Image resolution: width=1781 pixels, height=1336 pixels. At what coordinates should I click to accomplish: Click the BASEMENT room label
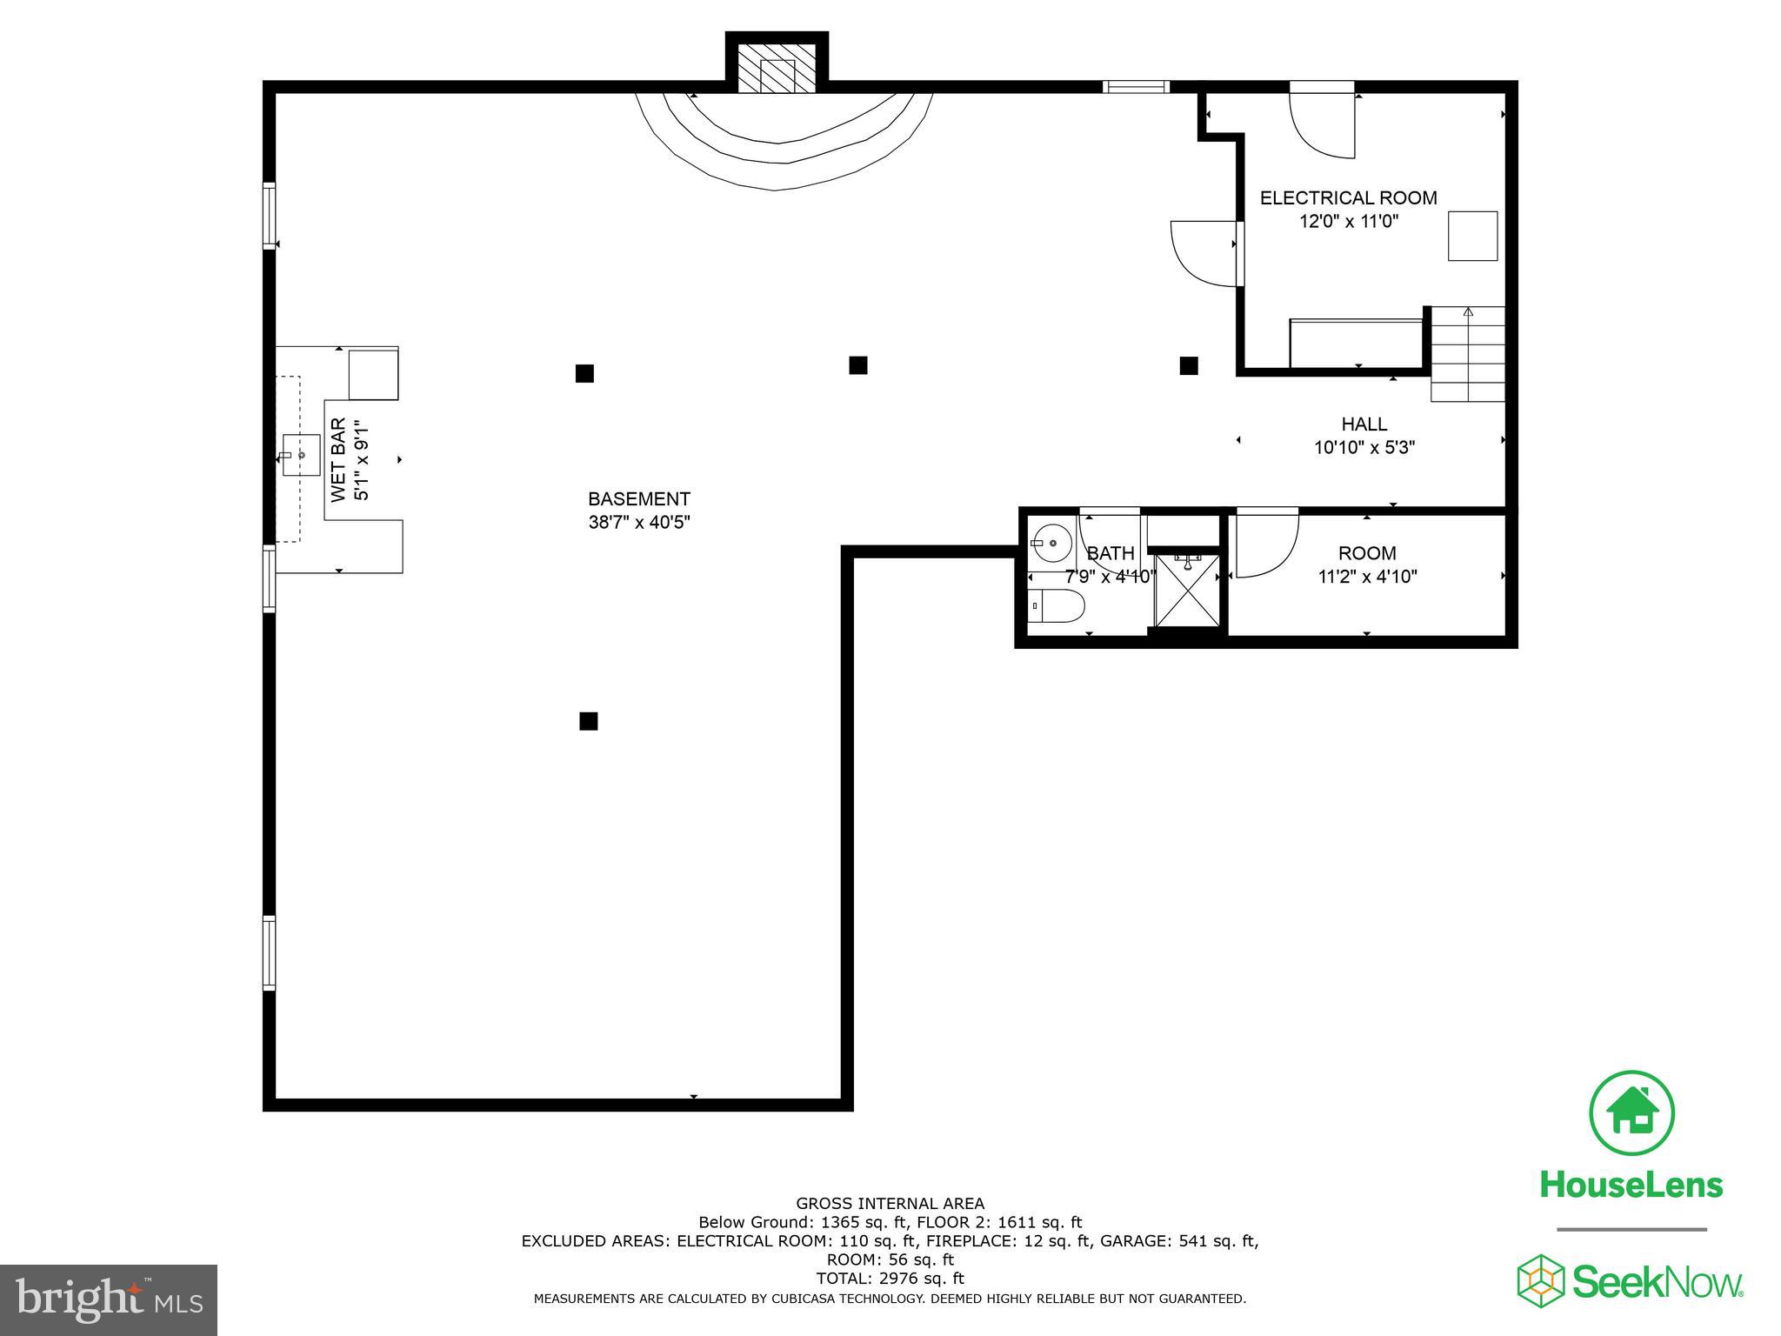pos(639,499)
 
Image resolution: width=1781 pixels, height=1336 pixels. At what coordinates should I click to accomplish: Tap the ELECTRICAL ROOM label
pos(1348,198)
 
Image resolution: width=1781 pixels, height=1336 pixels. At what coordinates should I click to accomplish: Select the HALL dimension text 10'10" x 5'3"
pos(1364,448)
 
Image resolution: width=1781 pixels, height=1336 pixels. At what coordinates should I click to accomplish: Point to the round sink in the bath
pos(1053,544)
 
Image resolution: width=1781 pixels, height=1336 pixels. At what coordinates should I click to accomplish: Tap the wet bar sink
pos(301,455)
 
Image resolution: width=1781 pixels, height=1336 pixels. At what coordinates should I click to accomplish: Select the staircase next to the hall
pos(1468,354)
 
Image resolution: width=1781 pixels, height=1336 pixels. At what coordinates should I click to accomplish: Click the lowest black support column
pos(589,721)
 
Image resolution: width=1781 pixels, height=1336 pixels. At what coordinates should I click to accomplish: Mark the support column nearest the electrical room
pos(1189,366)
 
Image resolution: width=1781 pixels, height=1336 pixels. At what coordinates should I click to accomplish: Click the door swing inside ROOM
pos(1265,545)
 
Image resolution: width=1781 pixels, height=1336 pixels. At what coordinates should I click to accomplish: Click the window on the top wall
pos(1136,86)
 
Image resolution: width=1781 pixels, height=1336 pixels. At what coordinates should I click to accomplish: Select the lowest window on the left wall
pos(269,952)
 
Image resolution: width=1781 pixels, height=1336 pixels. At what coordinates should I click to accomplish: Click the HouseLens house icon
pos(1631,1113)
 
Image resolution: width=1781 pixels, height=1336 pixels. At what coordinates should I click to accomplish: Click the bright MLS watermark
pos(109,1299)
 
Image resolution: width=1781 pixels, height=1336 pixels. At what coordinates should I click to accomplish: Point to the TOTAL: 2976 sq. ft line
pos(890,1279)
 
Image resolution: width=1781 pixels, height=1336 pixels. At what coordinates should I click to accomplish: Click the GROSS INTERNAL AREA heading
pos(890,1204)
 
